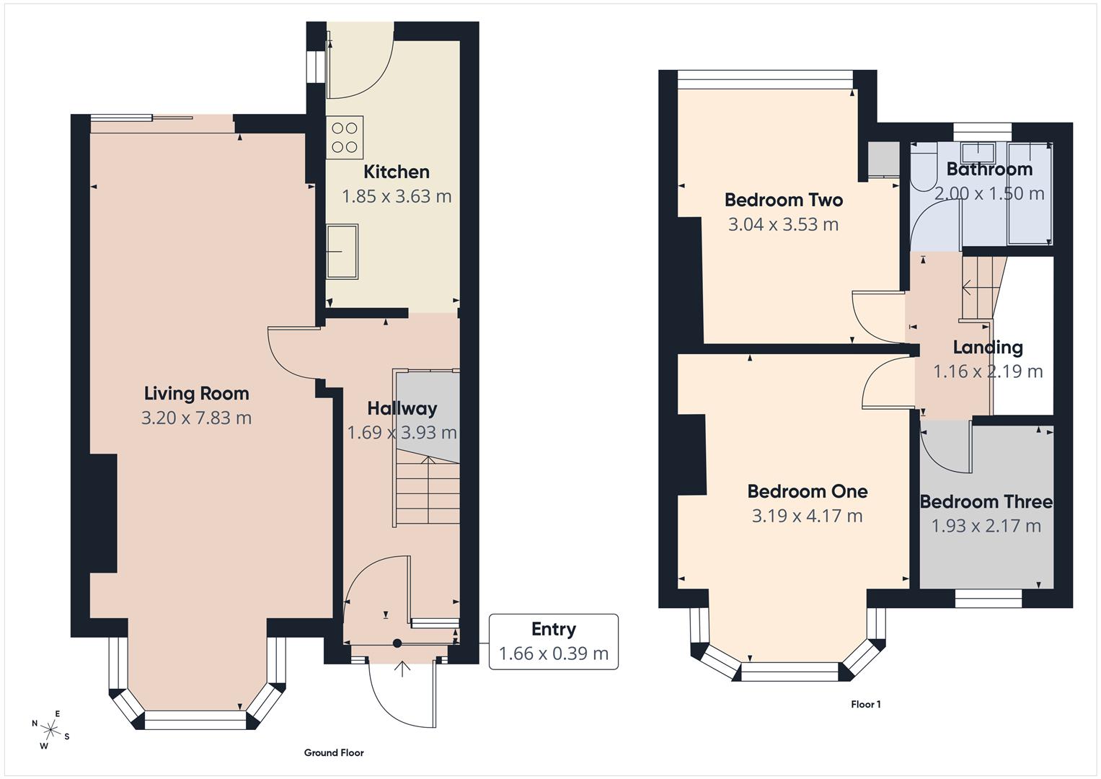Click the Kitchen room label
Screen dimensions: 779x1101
(396, 172)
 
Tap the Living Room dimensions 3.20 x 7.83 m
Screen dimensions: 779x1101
(196, 418)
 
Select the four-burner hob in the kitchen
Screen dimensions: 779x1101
(344, 138)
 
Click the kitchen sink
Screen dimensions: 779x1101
(342, 251)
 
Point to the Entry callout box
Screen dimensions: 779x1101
(553, 641)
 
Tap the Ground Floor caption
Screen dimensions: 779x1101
(333, 752)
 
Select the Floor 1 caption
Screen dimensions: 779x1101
(865, 704)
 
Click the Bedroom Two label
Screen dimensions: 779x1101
(783, 200)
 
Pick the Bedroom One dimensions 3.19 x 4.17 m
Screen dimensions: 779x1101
(807, 516)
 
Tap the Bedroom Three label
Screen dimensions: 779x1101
(986, 501)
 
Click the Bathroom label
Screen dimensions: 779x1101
(989, 170)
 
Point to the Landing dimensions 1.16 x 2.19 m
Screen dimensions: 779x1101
(987, 371)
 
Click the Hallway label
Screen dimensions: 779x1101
(402, 408)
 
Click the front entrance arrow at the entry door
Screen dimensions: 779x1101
(402, 669)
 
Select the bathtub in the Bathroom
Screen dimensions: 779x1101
(1030, 193)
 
